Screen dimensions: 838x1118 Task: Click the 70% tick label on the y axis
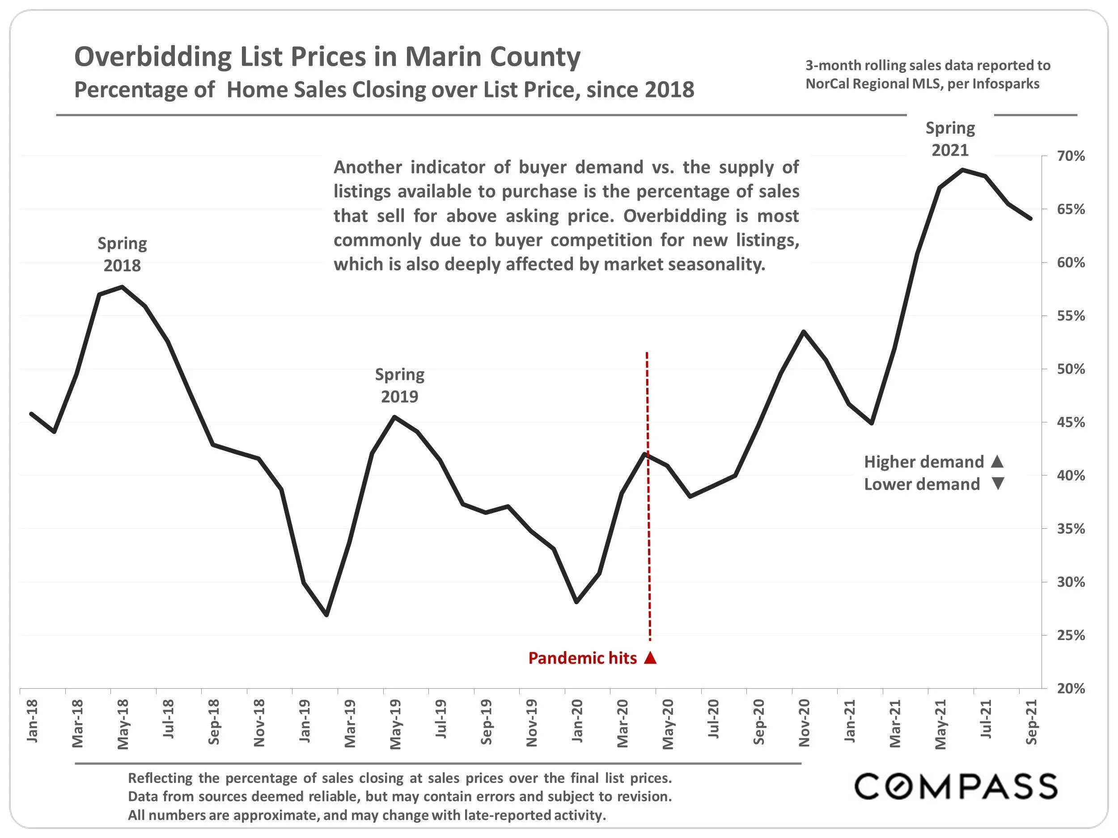tap(1071, 156)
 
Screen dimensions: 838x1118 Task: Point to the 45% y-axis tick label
tap(1071, 422)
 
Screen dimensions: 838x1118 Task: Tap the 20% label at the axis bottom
tap(1071, 688)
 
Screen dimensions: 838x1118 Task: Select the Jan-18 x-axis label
tap(32, 721)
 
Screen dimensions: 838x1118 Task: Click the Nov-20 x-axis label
tap(804, 723)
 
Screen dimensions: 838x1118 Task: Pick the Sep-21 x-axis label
tap(1031, 722)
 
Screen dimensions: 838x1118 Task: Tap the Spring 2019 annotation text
tap(399, 385)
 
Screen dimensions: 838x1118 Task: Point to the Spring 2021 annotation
tap(950, 139)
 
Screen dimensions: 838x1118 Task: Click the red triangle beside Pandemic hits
tap(651, 658)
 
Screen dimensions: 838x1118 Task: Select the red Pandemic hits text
tap(582, 658)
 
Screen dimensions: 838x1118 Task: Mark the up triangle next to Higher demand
tap(997, 461)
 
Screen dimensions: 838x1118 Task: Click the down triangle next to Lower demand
tap(997, 484)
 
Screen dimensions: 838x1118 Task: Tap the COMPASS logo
tap(956, 786)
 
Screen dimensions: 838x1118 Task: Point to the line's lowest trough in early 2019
tap(326, 615)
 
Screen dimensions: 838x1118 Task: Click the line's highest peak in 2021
tap(963, 170)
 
